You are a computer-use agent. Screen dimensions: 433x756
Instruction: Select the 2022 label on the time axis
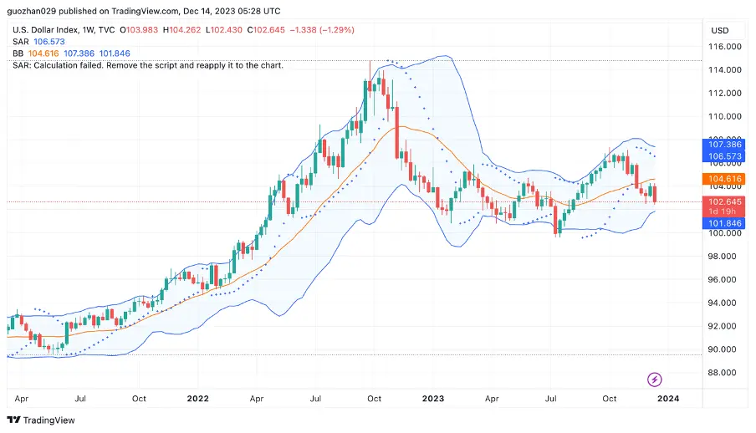(198, 400)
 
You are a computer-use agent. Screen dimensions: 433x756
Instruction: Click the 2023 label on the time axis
(432, 400)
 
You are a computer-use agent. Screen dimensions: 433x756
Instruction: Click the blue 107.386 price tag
(723, 145)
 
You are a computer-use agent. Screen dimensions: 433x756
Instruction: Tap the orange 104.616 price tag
(723, 179)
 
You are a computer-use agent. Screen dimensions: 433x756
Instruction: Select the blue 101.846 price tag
(723, 224)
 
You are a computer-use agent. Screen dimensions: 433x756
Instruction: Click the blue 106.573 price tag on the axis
(723, 156)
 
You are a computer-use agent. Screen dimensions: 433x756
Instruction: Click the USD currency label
(720, 30)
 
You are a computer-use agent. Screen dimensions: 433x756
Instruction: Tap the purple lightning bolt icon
(655, 380)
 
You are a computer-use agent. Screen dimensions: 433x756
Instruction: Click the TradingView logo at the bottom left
(41, 420)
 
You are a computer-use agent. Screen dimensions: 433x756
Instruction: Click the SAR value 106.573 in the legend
(49, 42)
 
